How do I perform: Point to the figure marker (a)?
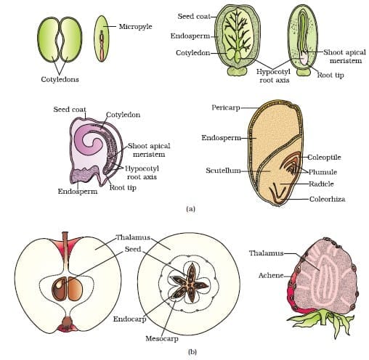(191, 209)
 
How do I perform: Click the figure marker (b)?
(191, 351)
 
